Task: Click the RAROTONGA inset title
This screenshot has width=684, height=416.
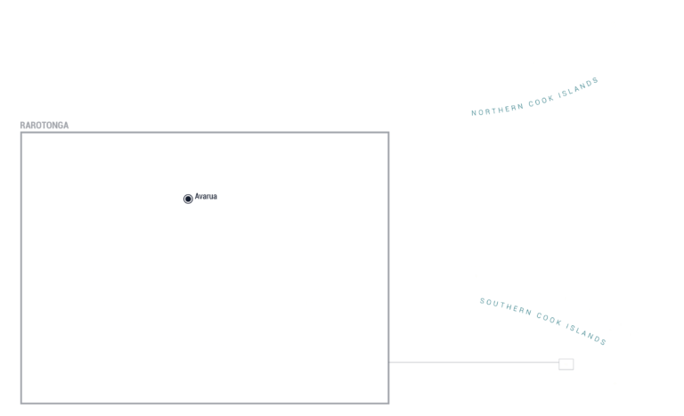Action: tap(44, 126)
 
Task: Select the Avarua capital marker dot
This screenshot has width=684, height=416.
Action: tap(188, 199)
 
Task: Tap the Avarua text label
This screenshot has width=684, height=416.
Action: tap(206, 197)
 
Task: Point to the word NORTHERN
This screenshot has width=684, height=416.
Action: tap(497, 110)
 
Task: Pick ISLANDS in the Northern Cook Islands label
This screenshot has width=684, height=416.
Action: tap(578, 88)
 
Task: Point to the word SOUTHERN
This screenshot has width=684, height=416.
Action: tap(506, 306)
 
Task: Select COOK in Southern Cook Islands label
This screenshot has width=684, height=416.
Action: tap(549, 319)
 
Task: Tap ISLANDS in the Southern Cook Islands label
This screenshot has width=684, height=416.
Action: tap(586, 334)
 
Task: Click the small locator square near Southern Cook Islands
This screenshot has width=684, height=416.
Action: tap(566, 364)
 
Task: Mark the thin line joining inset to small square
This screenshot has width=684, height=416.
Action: tap(474, 362)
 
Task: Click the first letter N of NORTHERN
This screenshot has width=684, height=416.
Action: tap(474, 113)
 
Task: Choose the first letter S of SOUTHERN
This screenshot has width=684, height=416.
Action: tap(483, 301)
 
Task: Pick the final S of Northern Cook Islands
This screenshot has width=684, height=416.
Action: tap(596, 81)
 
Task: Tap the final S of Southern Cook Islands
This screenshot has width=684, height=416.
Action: tap(604, 343)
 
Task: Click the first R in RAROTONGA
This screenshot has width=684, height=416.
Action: tap(22, 126)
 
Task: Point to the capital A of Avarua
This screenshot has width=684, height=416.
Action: tap(197, 197)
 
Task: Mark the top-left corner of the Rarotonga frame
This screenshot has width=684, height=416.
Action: tap(21, 133)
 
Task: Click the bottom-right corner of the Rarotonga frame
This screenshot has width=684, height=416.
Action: tap(388, 403)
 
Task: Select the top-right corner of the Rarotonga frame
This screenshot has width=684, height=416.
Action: tap(388, 133)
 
